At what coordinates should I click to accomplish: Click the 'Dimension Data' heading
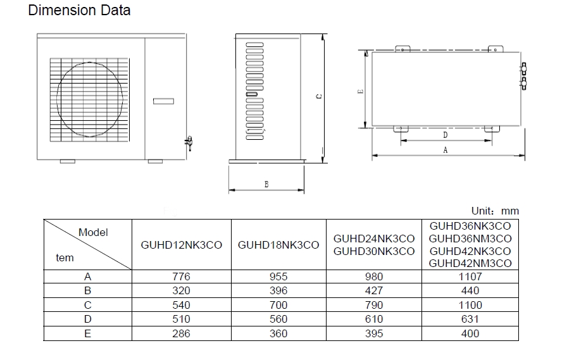80,11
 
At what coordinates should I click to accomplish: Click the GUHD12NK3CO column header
181,245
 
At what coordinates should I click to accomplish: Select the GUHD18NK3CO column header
278,245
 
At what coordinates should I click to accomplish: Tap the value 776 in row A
181,276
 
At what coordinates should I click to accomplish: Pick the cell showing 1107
470,276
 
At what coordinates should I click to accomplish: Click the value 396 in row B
278,291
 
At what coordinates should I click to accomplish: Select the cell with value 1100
470,305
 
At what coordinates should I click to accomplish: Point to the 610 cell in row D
374,320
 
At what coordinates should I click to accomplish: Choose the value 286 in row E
181,333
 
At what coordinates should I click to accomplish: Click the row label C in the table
88,305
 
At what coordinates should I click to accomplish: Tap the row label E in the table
88,333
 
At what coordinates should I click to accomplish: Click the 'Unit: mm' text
495,211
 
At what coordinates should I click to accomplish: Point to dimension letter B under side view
266,184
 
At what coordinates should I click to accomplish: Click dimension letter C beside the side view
319,96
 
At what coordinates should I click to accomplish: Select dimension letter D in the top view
445,135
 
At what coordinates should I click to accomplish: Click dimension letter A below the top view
445,151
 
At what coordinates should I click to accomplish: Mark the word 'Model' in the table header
93,232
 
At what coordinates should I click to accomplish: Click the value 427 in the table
374,291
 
